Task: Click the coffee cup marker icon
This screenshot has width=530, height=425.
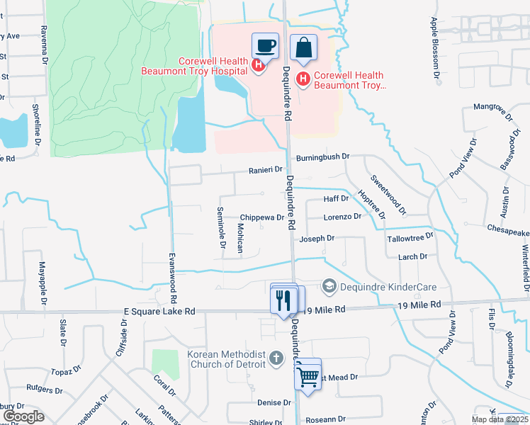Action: point(265,46)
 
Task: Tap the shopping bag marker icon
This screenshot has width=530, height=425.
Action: point(303,48)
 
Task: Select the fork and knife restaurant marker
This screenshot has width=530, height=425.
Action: point(284,300)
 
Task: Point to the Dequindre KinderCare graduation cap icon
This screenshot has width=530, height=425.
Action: point(329,287)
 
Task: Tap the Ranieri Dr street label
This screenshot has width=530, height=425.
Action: point(265,170)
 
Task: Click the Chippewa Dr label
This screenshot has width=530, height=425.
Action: point(261,217)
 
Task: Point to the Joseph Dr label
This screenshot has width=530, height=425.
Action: point(317,239)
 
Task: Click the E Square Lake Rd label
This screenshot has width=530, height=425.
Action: point(159,311)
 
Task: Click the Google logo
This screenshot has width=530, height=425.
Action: point(23,416)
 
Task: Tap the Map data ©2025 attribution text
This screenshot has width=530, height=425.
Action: point(500,419)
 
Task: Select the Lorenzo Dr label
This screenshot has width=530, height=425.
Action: point(342,217)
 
